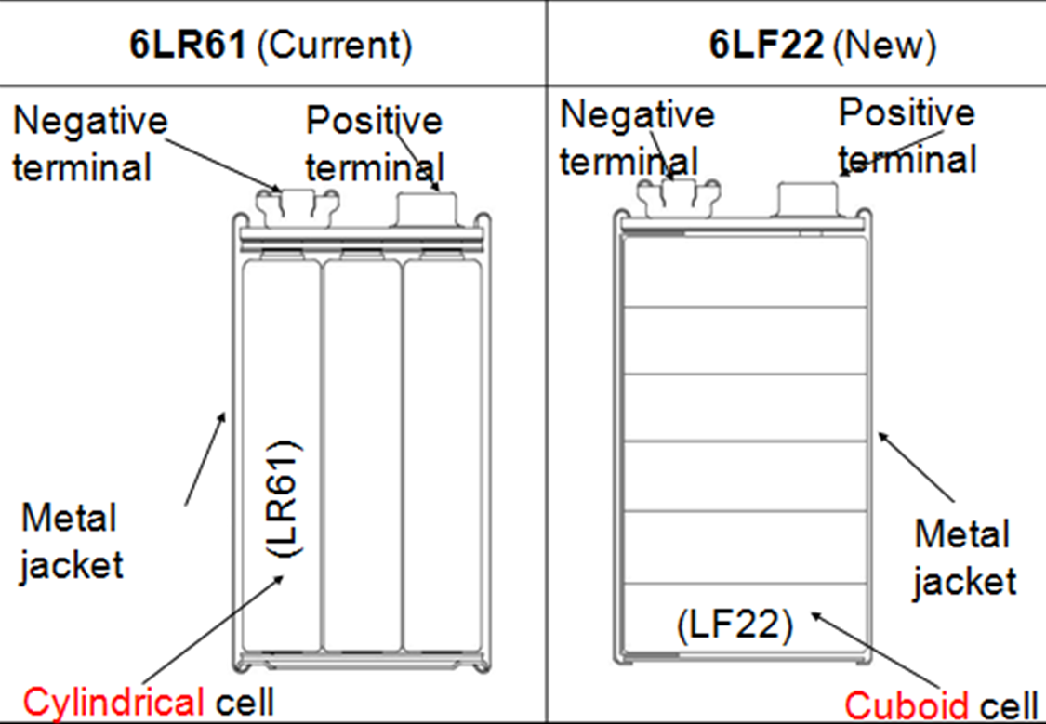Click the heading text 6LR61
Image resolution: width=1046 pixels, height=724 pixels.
(x=188, y=46)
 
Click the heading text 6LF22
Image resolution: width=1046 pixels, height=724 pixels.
(x=766, y=46)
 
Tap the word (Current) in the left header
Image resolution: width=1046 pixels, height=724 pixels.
(x=334, y=46)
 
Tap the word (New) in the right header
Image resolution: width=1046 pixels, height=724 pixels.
(x=885, y=46)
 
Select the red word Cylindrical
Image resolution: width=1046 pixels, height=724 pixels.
(x=113, y=703)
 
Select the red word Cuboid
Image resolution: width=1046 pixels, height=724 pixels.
(x=907, y=704)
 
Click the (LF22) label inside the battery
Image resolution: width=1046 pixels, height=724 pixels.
(x=735, y=625)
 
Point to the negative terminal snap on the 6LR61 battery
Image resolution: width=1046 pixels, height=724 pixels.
(x=297, y=207)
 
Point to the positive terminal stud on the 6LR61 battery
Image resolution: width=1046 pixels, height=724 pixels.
(x=427, y=209)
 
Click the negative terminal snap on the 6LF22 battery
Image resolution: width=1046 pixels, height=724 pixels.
(x=679, y=197)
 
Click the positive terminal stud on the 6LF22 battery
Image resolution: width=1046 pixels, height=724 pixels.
(x=808, y=199)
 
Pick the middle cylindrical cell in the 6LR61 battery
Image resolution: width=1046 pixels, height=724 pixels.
(x=363, y=454)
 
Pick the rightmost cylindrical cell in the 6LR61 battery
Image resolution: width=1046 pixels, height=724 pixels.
(x=443, y=454)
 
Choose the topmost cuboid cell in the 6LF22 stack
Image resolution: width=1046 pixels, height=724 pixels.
(x=745, y=272)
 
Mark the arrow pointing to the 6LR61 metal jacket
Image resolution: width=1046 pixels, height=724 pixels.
(x=205, y=459)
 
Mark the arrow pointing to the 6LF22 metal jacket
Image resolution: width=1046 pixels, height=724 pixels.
(x=916, y=467)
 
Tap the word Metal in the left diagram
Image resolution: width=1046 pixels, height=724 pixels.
(x=69, y=518)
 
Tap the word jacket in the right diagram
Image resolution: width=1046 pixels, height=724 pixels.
(x=964, y=582)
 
